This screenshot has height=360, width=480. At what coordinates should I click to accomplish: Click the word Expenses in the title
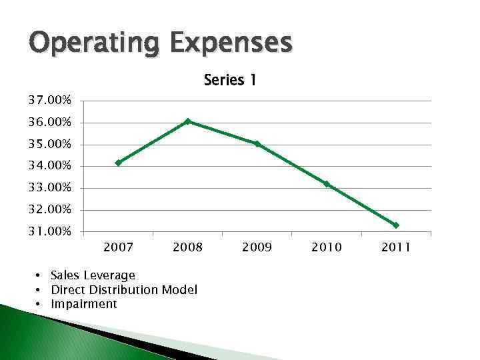click(x=231, y=43)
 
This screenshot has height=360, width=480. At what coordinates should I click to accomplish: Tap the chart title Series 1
click(x=230, y=81)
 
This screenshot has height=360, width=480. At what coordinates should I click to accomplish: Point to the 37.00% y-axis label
click(x=49, y=101)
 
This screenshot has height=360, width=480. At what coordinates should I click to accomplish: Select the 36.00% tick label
click(x=49, y=123)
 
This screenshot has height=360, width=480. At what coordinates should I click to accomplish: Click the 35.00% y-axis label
click(x=49, y=145)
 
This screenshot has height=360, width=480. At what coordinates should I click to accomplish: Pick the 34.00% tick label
click(x=49, y=166)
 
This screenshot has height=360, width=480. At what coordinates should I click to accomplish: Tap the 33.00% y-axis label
click(x=49, y=188)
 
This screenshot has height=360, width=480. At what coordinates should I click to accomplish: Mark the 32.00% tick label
click(x=49, y=210)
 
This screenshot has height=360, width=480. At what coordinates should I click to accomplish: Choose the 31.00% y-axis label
click(x=49, y=231)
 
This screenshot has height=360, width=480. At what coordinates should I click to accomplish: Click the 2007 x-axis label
click(x=118, y=248)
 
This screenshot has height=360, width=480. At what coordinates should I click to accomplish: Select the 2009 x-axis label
click(x=257, y=248)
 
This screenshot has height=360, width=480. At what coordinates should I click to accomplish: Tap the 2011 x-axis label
click(x=395, y=248)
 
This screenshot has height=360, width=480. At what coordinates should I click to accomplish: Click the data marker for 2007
click(x=119, y=163)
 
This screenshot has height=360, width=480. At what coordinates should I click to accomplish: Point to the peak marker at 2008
click(x=188, y=121)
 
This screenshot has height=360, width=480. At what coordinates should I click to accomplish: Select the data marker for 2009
click(x=257, y=143)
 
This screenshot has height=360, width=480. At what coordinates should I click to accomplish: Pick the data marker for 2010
click(x=327, y=184)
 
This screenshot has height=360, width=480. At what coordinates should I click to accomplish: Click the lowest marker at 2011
click(x=396, y=225)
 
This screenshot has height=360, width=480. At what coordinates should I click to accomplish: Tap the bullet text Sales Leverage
click(x=93, y=275)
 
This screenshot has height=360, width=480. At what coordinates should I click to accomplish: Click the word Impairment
click(x=84, y=304)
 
